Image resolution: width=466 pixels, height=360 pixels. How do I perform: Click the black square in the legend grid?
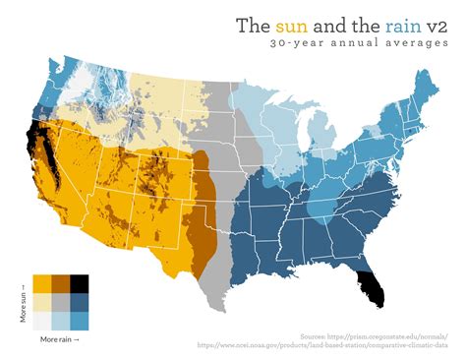click(80, 283)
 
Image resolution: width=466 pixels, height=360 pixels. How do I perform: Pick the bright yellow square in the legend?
click(42, 283)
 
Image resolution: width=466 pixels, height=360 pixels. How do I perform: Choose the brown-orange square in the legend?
click(61, 283)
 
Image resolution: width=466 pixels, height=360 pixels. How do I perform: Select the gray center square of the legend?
click(61, 302)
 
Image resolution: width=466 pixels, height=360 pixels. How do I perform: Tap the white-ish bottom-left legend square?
click(42, 321)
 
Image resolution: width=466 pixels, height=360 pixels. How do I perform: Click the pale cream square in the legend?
click(42, 302)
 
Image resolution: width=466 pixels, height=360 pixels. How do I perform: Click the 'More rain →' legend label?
click(60, 339)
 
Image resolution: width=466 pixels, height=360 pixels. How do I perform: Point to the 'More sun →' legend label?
click(24, 302)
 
